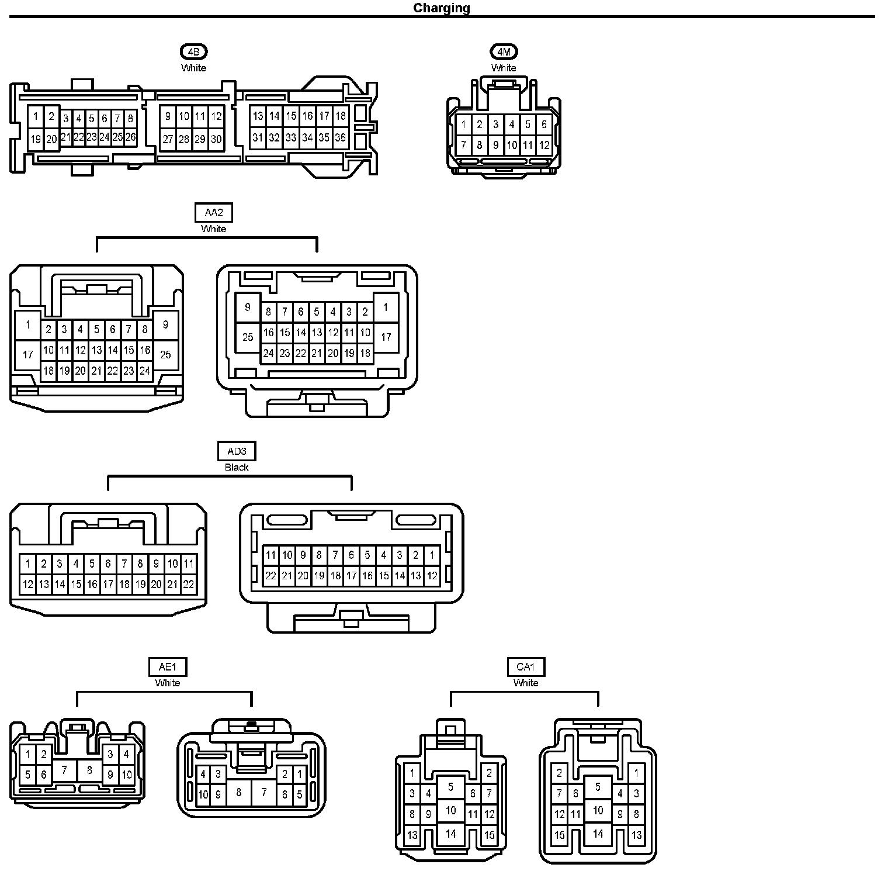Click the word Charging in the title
441,8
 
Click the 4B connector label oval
193,52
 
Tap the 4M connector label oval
504,52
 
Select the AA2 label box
213,212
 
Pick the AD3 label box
237,451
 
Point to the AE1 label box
168,667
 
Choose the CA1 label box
526,667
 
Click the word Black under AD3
237,467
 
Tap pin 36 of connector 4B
340,138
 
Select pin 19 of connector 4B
36,139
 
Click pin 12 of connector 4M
544,145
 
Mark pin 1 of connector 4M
463,125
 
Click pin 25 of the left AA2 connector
165,354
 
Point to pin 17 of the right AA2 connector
386,337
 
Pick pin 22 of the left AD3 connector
188,583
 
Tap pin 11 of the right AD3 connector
270,555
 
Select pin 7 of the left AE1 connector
65,770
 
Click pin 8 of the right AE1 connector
238,793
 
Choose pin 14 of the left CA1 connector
450,834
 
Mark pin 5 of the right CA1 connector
598,787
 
